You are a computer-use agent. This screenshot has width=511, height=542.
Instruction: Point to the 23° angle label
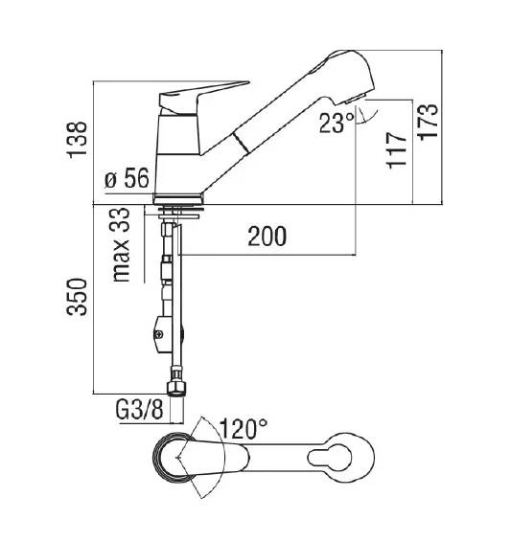point(336,122)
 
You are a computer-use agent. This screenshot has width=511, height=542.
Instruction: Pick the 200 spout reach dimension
point(266,237)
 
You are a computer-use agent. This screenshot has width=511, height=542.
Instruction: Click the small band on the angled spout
point(246,145)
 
